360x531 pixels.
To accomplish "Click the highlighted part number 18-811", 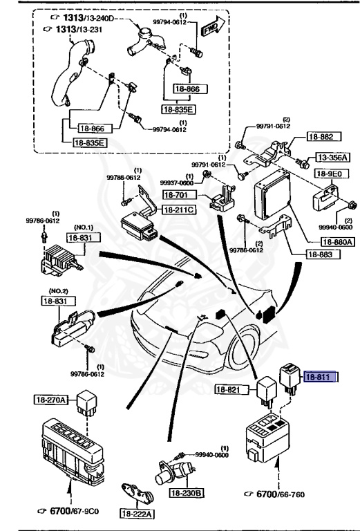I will pos(323,378).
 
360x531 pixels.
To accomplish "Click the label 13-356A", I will pos(333,158).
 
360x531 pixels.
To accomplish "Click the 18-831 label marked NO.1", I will pos(79,237).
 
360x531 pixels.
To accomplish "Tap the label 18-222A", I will pos(138,514).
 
